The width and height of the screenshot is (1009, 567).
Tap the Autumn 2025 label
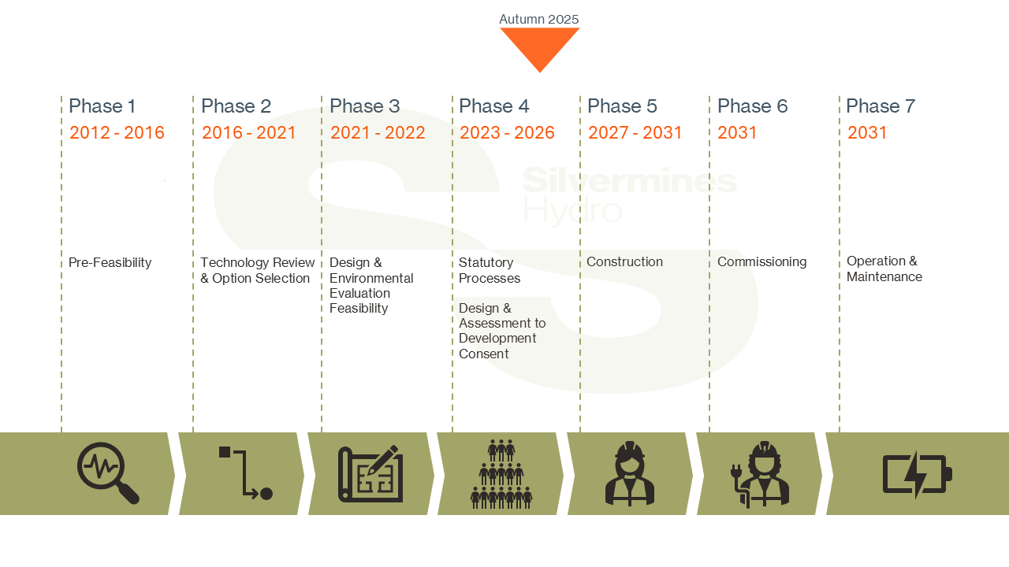coord(539,19)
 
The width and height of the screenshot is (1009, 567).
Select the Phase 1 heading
coord(102,106)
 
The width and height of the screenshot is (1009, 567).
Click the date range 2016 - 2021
coord(249,132)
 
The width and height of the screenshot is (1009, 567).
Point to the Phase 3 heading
coord(365,106)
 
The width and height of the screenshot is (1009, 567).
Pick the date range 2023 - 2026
coord(507,132)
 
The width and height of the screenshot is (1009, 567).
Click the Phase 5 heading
coord(622,106)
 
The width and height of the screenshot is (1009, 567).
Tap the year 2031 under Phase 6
coord(737,132)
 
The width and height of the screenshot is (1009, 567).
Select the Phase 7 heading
coord(881,106)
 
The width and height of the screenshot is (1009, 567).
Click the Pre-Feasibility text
coord(110,262)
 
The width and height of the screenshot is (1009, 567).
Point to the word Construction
coord(624,261)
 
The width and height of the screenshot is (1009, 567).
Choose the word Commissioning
coord(761,261)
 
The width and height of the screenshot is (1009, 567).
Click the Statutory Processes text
coord(490,270)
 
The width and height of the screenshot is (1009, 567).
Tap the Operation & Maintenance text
coord(884,269)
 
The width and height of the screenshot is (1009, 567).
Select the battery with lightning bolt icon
coord(917,474)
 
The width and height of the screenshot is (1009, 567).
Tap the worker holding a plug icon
coord(761,474)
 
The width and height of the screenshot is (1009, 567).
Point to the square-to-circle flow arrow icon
coord(245,473)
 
